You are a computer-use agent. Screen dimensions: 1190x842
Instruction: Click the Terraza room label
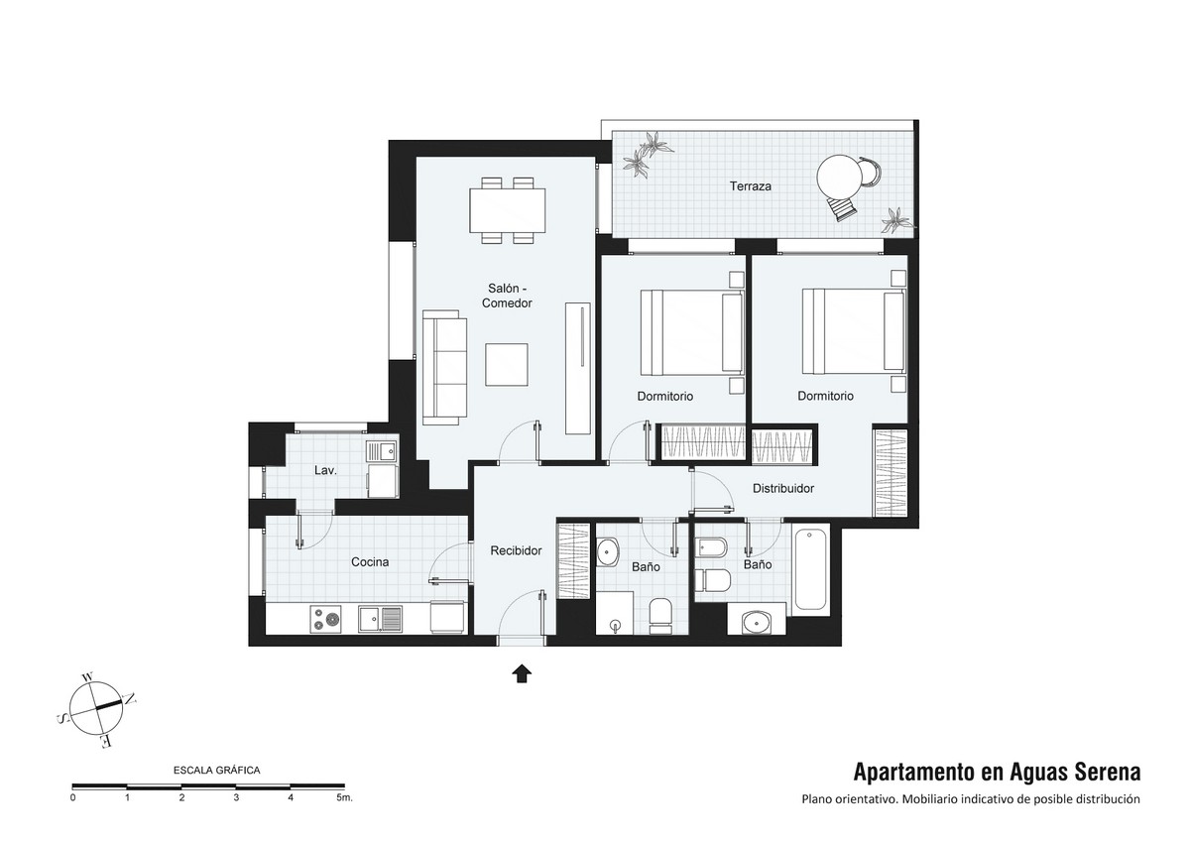750,186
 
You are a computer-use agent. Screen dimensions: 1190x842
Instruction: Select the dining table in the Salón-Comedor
508,211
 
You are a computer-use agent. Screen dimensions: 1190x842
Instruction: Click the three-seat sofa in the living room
444,368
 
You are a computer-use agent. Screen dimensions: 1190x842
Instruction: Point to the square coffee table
507,364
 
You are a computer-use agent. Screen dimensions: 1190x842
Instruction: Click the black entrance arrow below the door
522,673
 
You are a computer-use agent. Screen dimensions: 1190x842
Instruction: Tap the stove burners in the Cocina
325,620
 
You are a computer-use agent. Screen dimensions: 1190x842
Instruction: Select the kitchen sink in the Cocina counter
381,620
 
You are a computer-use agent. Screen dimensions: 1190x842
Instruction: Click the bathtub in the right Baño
810,569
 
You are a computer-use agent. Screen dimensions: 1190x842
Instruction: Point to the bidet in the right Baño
710,547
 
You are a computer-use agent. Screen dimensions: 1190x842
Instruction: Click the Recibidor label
516,550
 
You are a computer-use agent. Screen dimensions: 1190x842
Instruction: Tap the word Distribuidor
783,488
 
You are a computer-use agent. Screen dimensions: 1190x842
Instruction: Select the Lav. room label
325,470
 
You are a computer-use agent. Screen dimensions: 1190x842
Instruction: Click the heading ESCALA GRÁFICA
217,770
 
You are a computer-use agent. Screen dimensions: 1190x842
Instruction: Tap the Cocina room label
370,562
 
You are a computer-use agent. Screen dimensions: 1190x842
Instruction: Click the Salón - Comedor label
507,296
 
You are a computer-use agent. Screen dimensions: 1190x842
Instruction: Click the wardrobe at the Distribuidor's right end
890,472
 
